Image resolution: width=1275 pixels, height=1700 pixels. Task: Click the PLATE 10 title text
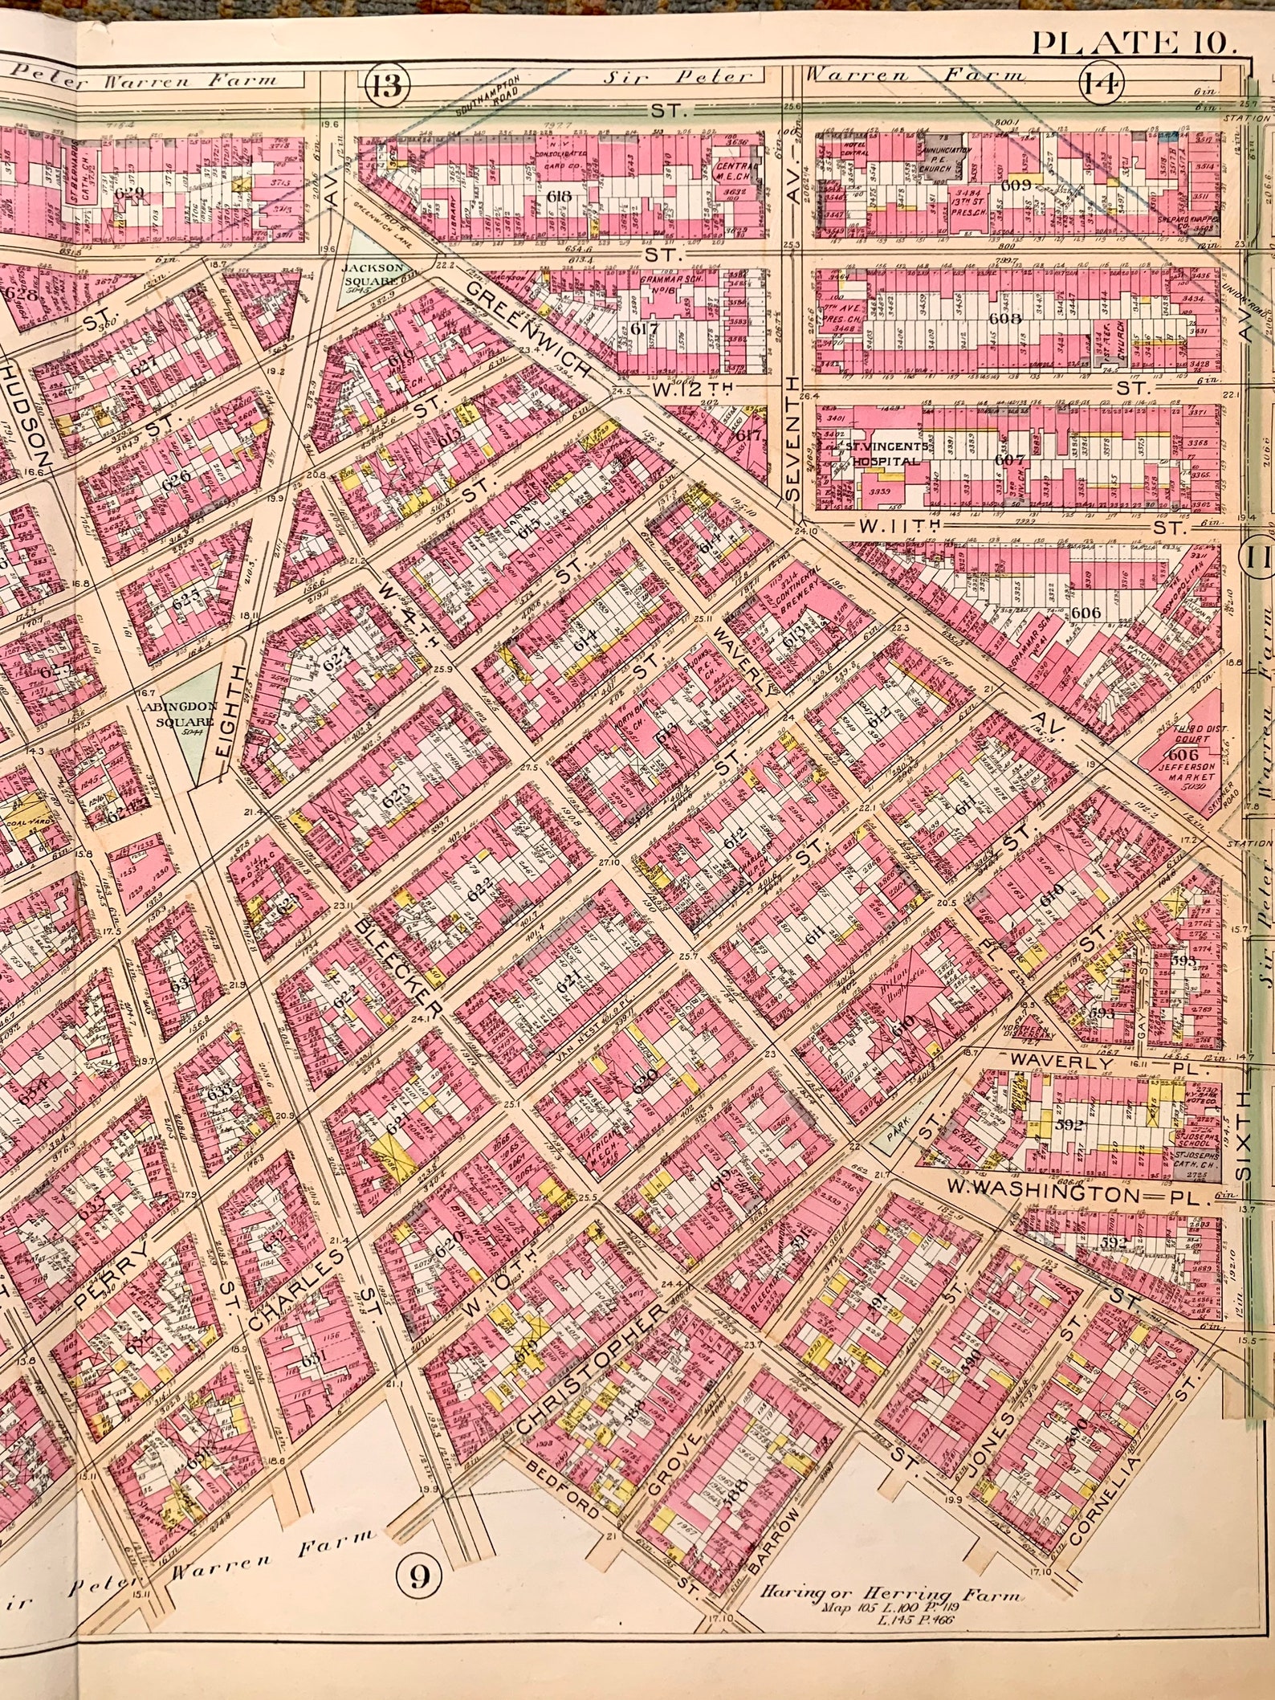(1130, 42)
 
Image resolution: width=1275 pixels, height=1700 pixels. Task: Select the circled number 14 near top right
(1100, 83)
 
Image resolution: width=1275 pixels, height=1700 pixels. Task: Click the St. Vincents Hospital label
(883, 452)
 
